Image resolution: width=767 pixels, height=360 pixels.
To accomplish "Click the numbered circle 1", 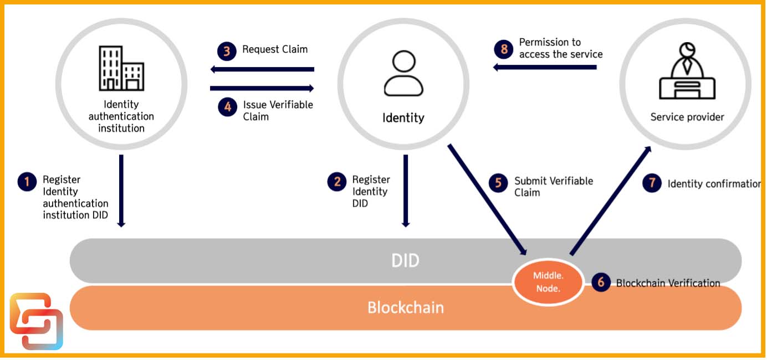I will click(x=27, y=182).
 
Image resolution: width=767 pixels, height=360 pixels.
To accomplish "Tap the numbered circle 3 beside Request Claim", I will click(x=227, y=51).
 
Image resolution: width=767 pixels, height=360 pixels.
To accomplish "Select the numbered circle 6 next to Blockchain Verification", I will click(x=601, y=282).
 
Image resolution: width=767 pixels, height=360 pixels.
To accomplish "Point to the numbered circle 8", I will click(x=504, y=49).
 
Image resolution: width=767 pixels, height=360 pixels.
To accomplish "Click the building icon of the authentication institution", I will click(x=121, y=68).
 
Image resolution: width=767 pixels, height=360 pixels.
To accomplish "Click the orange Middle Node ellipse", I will click(x=546, y=282).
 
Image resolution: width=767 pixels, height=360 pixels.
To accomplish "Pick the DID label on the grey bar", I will click(x=405, y=261).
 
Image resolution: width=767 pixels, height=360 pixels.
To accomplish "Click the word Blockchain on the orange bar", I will click(x=405, y=307).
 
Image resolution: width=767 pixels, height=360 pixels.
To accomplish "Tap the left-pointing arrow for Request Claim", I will click(x=262, y=69).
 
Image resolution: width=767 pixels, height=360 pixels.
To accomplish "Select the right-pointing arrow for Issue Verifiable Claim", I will click(x=262, y=88).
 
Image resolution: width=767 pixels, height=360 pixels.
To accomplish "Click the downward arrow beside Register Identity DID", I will click(x=406, y=191).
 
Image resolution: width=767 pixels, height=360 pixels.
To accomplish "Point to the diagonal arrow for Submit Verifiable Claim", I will click(x=487, y=199).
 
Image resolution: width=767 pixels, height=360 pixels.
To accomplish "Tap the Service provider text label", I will click(x=687, y=117).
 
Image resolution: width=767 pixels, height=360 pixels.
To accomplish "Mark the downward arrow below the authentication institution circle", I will click(x=121, y=191).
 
